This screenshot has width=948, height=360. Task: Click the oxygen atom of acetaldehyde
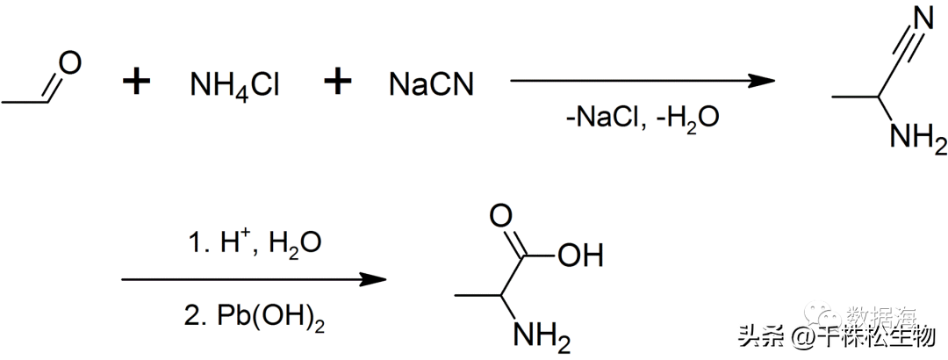70,63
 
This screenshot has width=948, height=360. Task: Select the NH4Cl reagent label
235,85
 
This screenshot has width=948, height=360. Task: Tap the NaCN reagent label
432,85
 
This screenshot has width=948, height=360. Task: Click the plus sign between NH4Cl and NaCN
337,83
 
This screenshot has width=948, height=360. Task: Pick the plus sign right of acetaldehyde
136,83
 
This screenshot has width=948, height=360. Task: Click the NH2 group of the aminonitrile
918,138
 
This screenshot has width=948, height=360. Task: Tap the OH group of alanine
579,257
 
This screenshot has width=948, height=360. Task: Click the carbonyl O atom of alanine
500,215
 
